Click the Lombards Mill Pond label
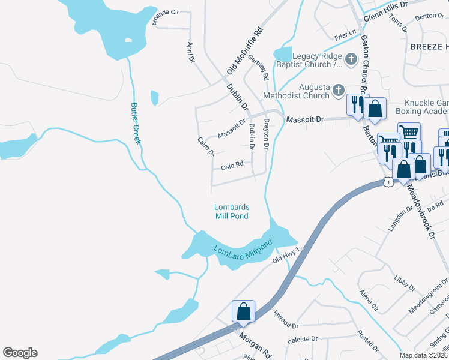[x=231, y=211]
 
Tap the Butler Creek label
[x=136, y=123]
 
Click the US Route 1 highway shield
[x=389, y=182]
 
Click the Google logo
[x=20, y=353]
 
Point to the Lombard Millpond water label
[x=243, y=249]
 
